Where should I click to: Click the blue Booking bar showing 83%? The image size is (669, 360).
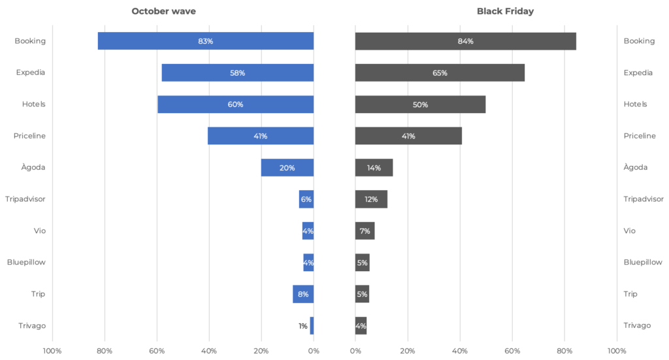tap(206, 41)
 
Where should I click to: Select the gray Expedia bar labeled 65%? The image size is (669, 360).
tap(440, 73)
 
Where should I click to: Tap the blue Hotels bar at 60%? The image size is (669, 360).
tap(235, 104)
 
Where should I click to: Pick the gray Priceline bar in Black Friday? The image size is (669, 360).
tap(408, 136)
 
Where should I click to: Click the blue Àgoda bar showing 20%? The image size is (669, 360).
tap(287, 168)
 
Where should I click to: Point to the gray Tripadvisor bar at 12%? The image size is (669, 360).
tap(371, 199)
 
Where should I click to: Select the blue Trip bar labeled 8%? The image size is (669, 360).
tap(303, 294)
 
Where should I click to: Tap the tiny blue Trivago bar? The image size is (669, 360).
tap(312, 326)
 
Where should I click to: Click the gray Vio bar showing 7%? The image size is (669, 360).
tap(365, 231)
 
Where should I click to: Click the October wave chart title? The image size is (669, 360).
tap(163, 11)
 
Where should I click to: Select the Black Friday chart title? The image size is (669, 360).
tap(505, 11)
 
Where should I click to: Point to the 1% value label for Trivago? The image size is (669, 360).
tap(303, 326)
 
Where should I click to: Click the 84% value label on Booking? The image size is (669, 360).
tap(465, 41)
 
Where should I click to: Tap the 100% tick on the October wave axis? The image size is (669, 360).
tap(52, 351)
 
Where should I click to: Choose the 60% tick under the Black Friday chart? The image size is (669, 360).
tap(512, 351)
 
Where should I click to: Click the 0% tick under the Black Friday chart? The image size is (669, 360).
tap(355, 351)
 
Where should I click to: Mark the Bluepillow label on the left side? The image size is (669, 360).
tap(26, 262)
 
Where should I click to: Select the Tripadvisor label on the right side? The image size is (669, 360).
tap(644, 199)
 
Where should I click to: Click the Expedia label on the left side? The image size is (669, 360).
tap(30, 72)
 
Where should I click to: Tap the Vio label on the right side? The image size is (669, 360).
tap(629, 231)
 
